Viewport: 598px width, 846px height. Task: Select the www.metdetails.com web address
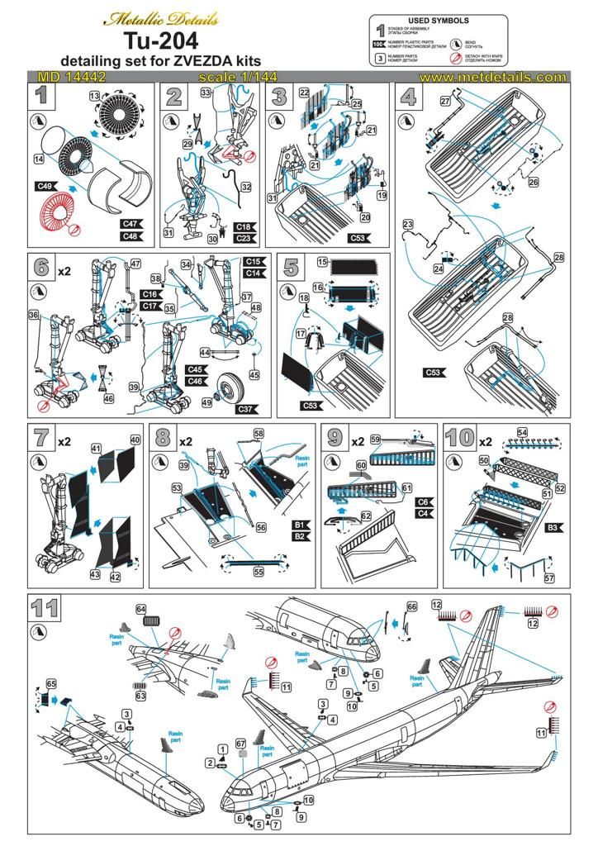pos(492,77)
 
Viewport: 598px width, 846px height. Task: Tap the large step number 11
pos(45,610)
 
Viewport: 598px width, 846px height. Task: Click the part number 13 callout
pos(94,97)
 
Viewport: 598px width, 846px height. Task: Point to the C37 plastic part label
pos(246,408)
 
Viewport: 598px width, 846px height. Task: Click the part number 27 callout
pos(444,100)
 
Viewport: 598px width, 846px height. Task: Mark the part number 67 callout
pos(241,743)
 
